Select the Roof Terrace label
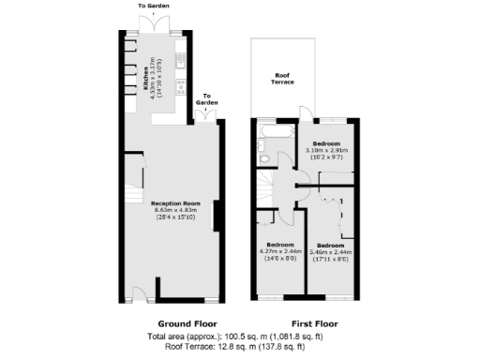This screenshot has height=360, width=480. pyautogui.click(x=282, y=79)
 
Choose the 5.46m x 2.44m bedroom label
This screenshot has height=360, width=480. pyautogui.click(x=329, y=251)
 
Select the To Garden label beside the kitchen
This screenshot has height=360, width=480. pyautogui.click(x=207, y=97)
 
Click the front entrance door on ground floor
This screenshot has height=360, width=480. pyautogui.click(x=137, y=294)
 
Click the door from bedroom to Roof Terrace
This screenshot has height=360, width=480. pyautogui.click(x=302, y=114)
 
